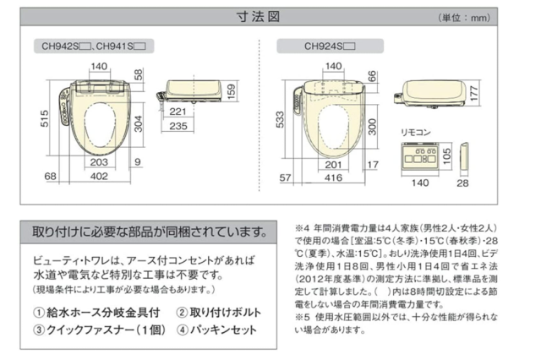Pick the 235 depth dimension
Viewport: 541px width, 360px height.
[199, 126]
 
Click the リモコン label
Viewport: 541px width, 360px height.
[416, 133]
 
